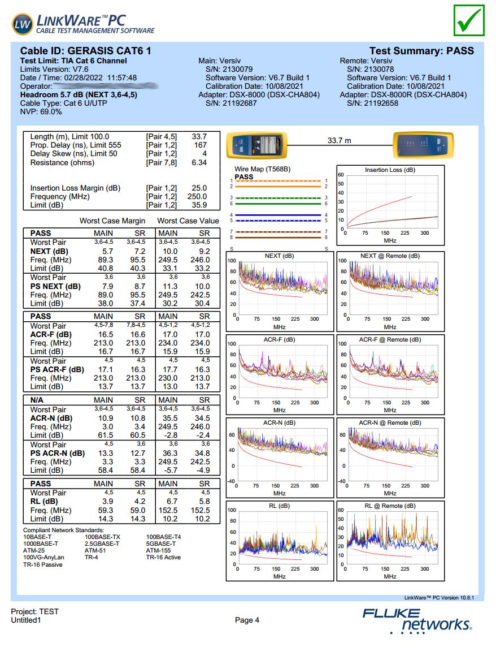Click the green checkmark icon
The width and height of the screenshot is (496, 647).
click(x=468, y=20)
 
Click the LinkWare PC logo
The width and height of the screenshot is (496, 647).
click(x=82, y=23)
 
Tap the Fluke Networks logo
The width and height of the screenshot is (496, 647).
click(x=417, y=619)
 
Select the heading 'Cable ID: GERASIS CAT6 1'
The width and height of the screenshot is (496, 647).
click(x=85, y=51)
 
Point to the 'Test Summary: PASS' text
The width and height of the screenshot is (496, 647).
click(x=421, y=51)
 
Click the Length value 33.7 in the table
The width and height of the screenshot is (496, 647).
click(x=199, y=136)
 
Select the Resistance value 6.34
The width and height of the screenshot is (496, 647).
click(x=199, y=162)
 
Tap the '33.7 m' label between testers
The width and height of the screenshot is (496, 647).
click(x=340, y=140)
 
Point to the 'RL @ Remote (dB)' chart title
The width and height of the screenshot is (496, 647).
click(x=390, y=506)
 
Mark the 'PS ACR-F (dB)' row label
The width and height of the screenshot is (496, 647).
click(x=57, y=370)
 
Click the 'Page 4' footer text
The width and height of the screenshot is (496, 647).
click(x=247, y=620)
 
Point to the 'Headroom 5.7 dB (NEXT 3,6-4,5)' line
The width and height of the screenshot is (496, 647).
click(x=79, y=95)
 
